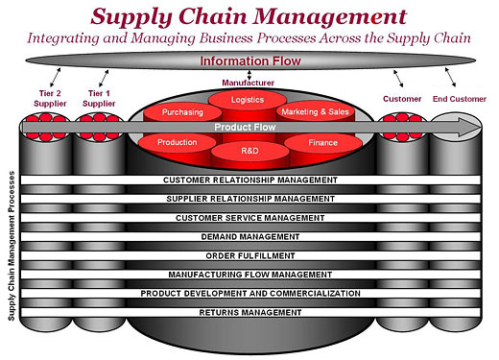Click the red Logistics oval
pyautogui.click(x=249, y=99)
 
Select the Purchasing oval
pyautogui.click(x=182, y=112)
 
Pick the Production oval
pyautogui.click(x=178, y=142)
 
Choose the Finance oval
pyautogui.click(x=323, y=142)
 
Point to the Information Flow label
pyautogui.click(x=249, y=61)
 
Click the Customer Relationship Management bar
pyautogui.click(x=249, y=180)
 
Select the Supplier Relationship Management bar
pyautogui.click(x=249, y=199)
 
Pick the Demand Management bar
pyautogui.click(x=249, y=236)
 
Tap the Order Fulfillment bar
pyautogui.click(x=249, y=255)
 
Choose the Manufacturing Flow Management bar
pyautogui.click(x=249, y=275)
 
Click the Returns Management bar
pyautogui.click(x=249, y=312)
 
